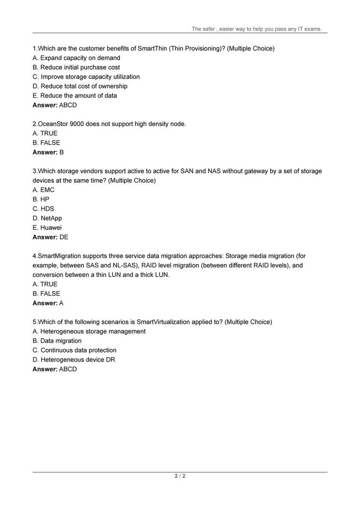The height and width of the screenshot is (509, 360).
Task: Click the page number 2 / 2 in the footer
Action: point(180,476)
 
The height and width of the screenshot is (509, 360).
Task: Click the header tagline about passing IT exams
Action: point(256,29)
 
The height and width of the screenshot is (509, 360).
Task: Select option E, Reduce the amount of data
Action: point(74,95)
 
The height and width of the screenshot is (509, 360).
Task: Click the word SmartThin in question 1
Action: point(152,48)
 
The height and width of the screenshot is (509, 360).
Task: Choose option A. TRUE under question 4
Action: point(45,284)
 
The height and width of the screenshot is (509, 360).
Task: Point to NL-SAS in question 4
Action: point(121,265)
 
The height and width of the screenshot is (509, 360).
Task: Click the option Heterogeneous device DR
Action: point(74,360)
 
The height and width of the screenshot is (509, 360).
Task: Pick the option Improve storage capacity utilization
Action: point(86,77)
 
